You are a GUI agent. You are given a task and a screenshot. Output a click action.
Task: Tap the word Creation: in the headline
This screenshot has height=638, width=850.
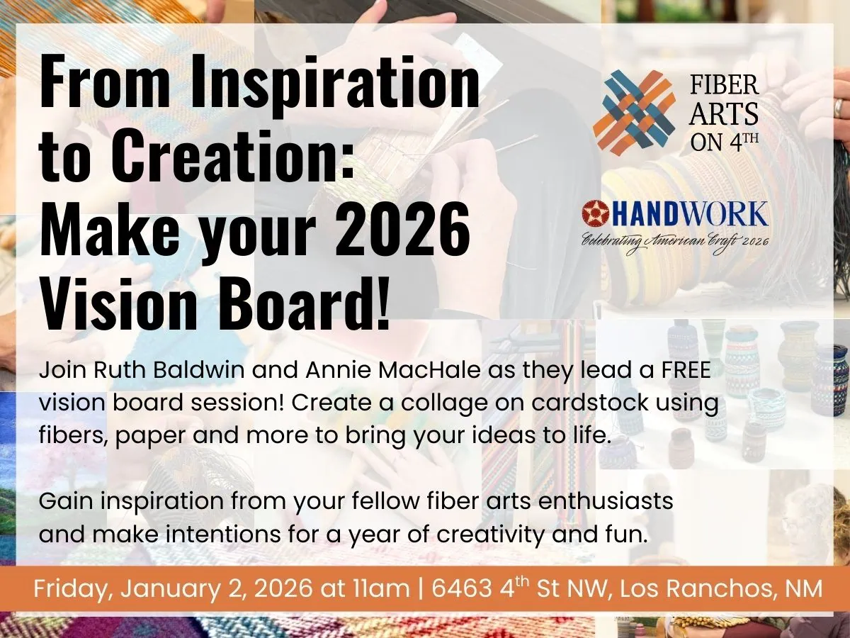[234, 156]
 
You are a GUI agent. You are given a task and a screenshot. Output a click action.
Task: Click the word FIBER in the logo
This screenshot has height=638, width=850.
[724, 86]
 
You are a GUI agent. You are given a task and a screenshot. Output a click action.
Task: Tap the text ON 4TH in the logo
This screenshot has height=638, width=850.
[724, 141]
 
